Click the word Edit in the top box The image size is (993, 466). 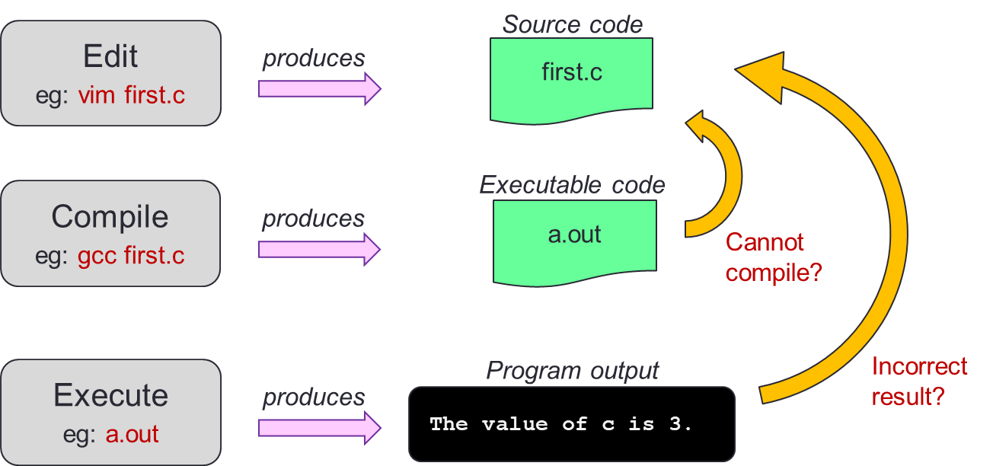pyautogui.click(x=110, y=57)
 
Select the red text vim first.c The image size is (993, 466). pyautogui.click(x=131, y=97)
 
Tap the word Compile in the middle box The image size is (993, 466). pyautogui.click(x=110, y=217)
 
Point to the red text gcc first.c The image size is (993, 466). pyautogui.click(x=131, y=256)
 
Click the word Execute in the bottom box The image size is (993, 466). pyautogui.click(x=110, y=396)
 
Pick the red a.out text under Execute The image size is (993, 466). pyautogui.click(x=132, y=435)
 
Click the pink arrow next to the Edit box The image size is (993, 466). pyautogui.click(x=319, y=88)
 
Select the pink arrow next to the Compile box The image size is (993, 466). pyautogui.click(x=319, y=249)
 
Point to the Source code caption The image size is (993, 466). pyautogui.click(x=572, y=24)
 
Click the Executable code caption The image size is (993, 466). pyautogui.click(x=572, y=185)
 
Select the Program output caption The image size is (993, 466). pyautogui.click(x=572, y=371)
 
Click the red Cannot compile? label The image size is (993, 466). pyautogui.click(x=773, y=257)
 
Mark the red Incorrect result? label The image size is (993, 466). pyautogui.click(x=919, y=381)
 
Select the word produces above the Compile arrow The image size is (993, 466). pyautogui.click(x=313, y=219)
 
